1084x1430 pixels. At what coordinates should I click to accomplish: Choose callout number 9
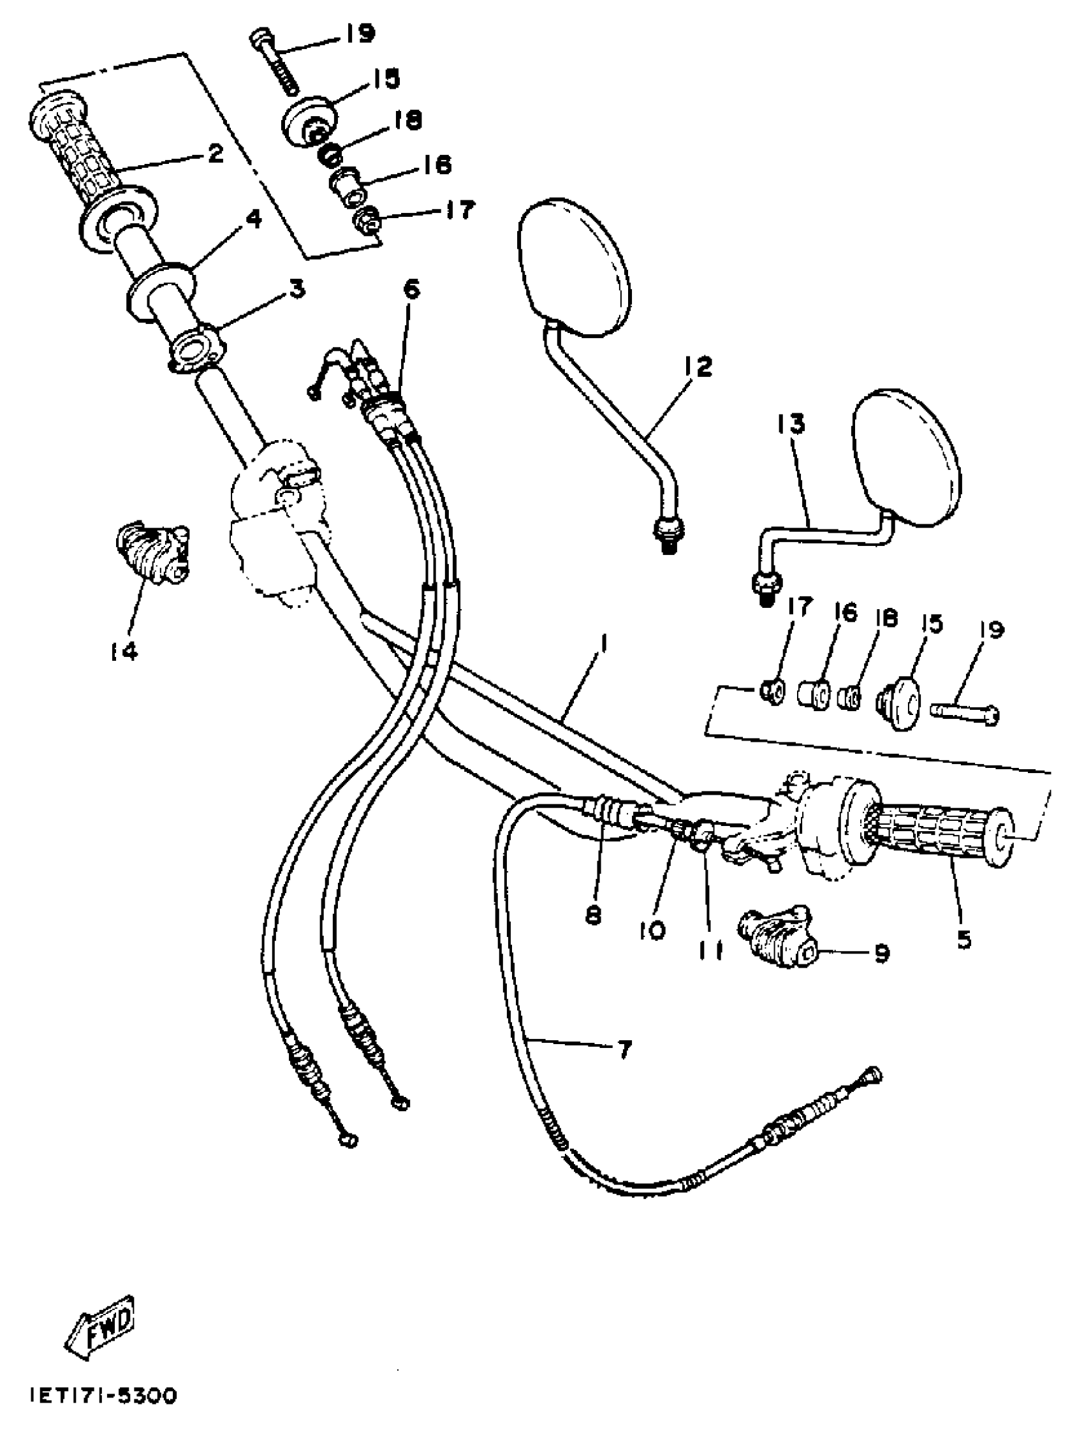(x=882, y=952)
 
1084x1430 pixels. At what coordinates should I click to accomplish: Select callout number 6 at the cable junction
(x=411, y=289)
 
